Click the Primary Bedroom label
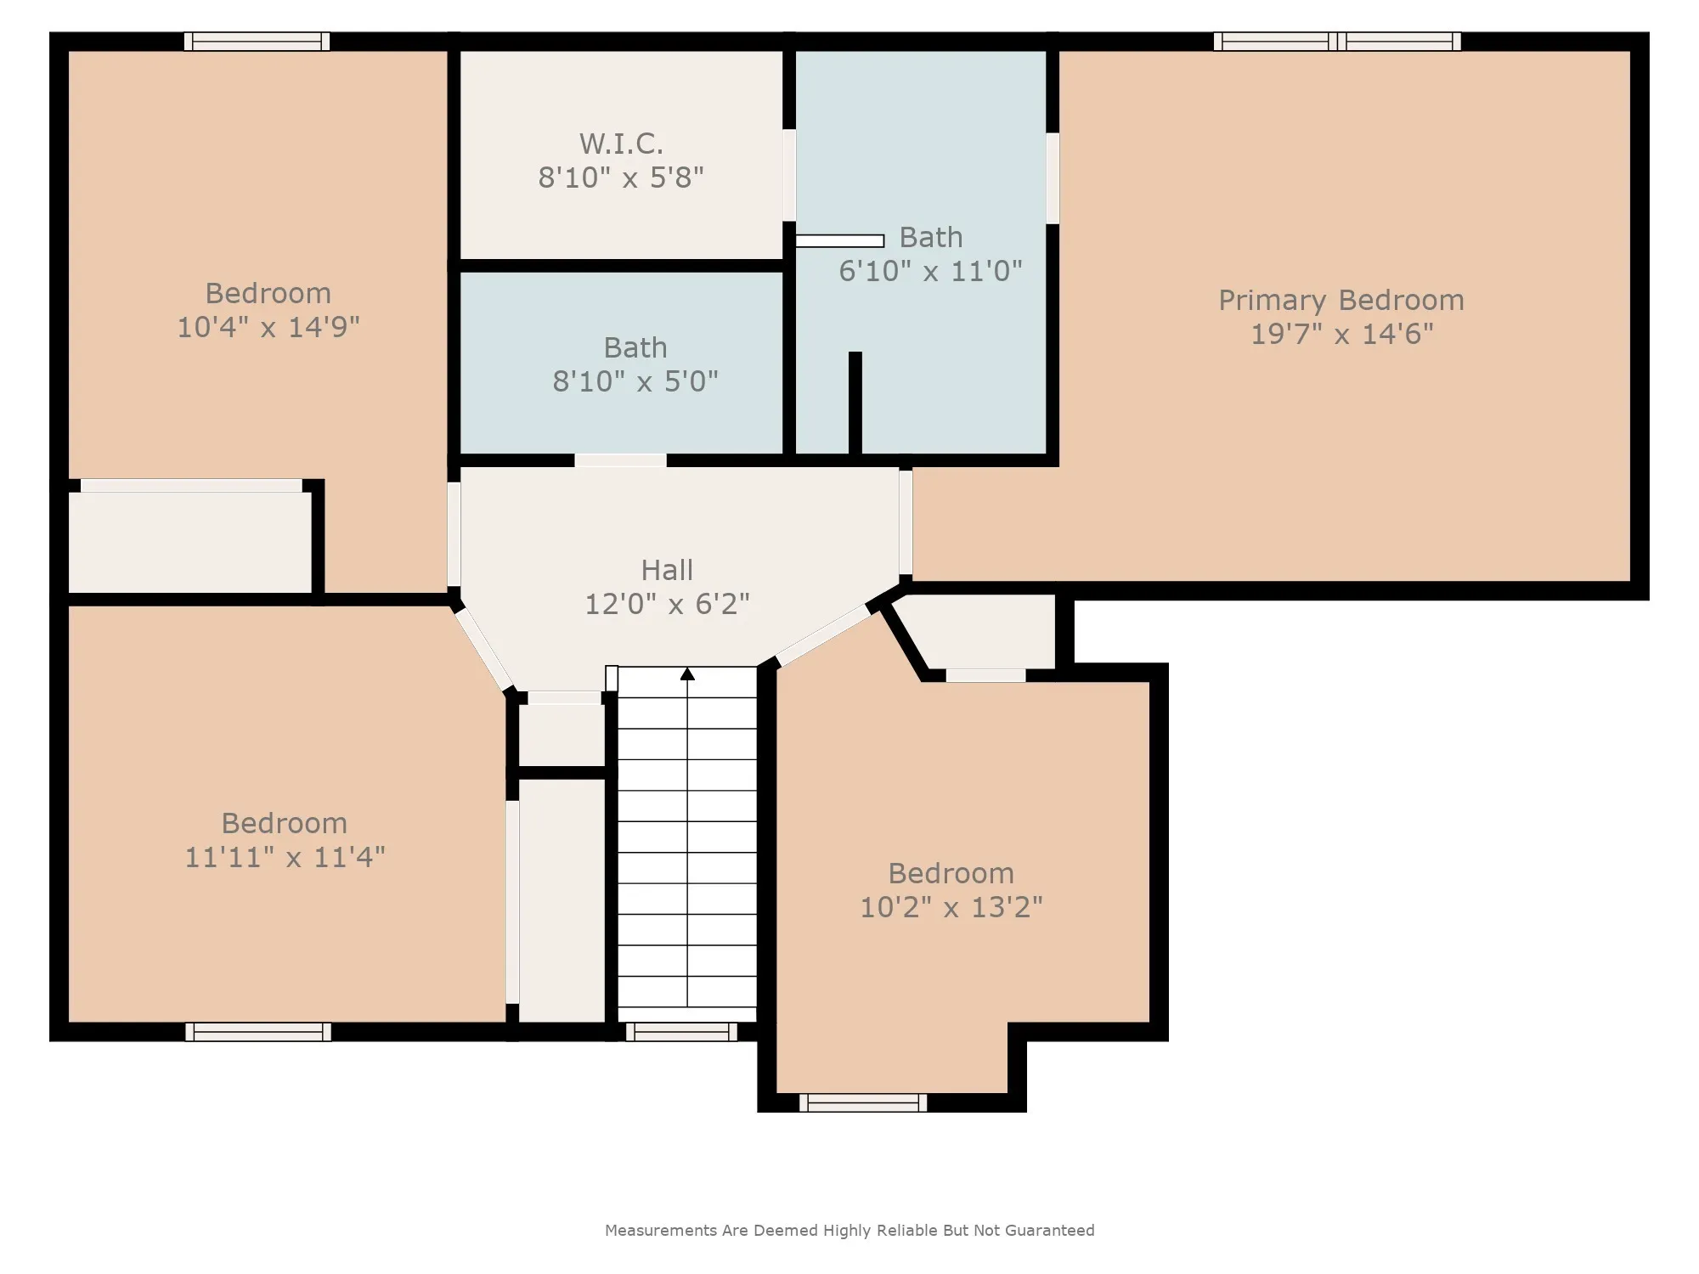click(x=1341, y=301)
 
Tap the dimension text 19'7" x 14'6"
click(x=1342, y=334)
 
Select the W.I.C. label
click(x=621, y=144)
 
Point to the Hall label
click(x=667, y=570)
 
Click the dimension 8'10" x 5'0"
click(x=635, y=381)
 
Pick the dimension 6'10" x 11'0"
click(x=930, y=271)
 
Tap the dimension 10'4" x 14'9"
click(x=268, y=327)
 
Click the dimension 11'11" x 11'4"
click(x=285, y=857)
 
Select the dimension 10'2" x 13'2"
click(x=951, y=907)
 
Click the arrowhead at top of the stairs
click(x=687, y=674)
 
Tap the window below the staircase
click(x=682, y=1032)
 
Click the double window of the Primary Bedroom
click(x=1337, y=42)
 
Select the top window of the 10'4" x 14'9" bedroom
click(x=257, y=42)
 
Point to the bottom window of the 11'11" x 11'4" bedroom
click(x=258, y=1032)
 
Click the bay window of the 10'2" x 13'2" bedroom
click(x=863, y=1102)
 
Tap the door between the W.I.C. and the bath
click(x=789, y=176)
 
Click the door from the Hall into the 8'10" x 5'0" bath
click(x=620, y=460)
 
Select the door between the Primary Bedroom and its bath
click(x=1053, y=178)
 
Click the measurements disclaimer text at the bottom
click(x=849, y=1230)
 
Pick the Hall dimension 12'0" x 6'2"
click(x=667, y=604)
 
